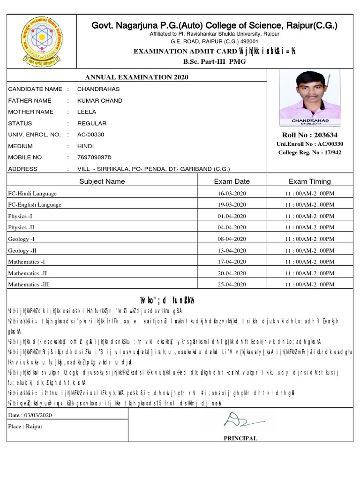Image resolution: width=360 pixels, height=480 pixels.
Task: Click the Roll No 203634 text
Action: (x=310, y=135)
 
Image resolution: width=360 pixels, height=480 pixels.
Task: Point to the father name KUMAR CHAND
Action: (x=100, y=100)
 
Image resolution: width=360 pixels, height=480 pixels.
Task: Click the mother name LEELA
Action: (x=87, y=112)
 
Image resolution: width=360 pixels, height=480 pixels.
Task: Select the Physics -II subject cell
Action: (x=21, y=227)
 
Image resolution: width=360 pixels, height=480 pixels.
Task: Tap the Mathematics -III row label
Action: (x=28, y=284)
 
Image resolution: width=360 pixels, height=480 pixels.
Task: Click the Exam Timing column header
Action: (x=309, y=181)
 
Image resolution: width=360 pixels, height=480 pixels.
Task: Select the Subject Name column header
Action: (x=102, y=181)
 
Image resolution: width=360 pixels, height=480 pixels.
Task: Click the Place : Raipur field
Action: (x=25, y=426)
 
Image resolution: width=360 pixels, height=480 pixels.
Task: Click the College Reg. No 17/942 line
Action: (x=310, y=152)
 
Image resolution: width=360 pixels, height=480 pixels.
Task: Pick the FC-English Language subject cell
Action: (x=35, y=204)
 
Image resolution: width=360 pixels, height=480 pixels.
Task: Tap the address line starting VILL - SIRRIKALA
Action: (x=153, y=169)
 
